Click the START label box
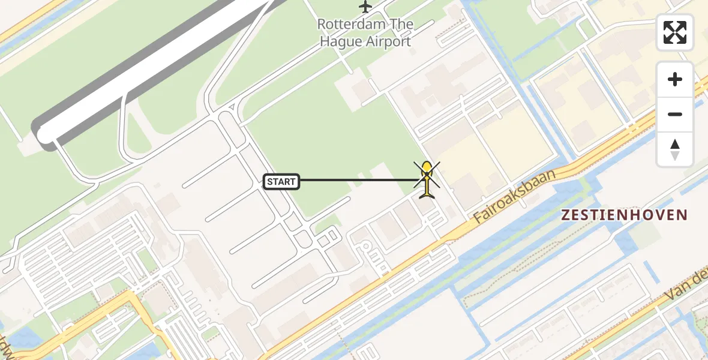coord(281,181)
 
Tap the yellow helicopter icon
coord(427,179)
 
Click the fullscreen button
coord(675,32)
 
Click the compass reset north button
coord(675,149)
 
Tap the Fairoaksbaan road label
coord(514,196)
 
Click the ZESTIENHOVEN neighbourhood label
coord(624,215)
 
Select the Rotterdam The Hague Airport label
coord(365,33)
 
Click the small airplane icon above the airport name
coord(365,7)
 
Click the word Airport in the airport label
coord(389,41)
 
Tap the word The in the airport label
coord(401,25)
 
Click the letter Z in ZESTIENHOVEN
coord(565,215)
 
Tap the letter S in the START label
coord(270,181)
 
